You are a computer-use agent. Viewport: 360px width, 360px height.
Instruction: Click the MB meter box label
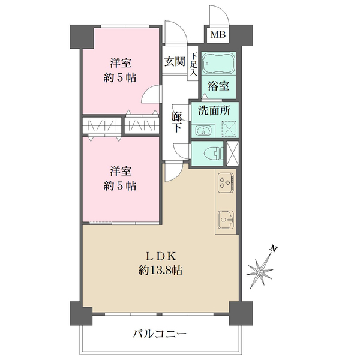(218, 35)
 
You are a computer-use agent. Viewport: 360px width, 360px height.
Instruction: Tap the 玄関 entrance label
(175, 62)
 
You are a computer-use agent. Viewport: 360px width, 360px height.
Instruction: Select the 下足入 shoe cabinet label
(194, 64)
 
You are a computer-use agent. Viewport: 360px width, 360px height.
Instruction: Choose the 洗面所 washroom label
(215, 110)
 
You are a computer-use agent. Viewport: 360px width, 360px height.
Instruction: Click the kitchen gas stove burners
(226, 183)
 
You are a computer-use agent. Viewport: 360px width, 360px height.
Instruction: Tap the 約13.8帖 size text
(160, 271)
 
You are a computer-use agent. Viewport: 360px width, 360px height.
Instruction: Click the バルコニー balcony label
(160, 334)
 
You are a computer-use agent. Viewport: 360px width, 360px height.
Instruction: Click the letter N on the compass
(274, 248)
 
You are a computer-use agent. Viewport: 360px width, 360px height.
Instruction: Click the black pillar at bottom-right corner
(239, 313)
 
